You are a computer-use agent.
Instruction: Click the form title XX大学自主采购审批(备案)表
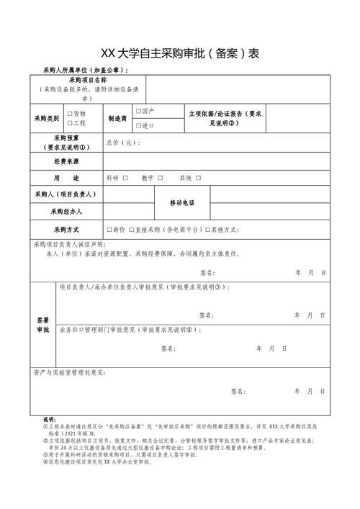click(180, 54)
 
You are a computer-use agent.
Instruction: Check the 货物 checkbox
click(70, 114)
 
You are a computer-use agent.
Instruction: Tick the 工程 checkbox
click(70, 124)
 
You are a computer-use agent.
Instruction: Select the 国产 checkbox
click(139, 112)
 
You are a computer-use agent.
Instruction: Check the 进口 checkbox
click(139, 125)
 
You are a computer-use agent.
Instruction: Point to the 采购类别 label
click(48, 118)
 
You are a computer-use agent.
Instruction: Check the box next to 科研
click(125, 178)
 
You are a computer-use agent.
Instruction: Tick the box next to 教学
click(161, 178)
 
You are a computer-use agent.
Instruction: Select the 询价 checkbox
click(109, 230)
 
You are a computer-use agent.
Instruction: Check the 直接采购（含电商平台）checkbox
click(131, 230)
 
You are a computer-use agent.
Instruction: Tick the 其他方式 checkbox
click(207, 230)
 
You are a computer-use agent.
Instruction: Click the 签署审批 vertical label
click(42, 324)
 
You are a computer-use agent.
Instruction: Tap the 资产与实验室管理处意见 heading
click(69, 373)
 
